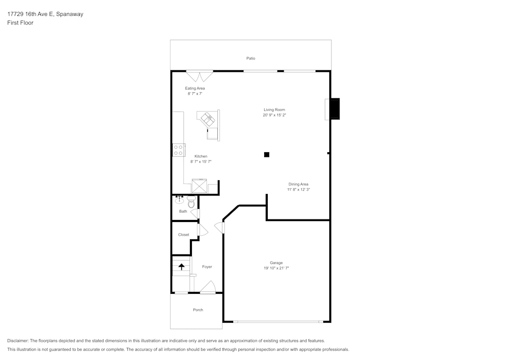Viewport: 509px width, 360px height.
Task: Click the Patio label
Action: point(250,59)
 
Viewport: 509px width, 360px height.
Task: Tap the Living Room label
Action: point(274,110)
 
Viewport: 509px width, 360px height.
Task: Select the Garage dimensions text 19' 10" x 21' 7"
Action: point(276,268)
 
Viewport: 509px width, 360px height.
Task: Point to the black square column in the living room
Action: point(267,155)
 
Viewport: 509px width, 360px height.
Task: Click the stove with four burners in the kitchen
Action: point(179,150)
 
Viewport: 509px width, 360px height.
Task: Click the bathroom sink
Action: point(179,199)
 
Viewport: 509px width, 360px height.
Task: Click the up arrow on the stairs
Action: point(181,266)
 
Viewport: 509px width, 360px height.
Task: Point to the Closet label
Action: point(184,235)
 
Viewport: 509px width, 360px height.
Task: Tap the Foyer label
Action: point(207,267)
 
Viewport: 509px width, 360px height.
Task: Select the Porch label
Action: point(198,310)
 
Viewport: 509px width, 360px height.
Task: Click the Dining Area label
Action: point(298,184)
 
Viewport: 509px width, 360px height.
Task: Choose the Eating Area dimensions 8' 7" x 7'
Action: point(195,94)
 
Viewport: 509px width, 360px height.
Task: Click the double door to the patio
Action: point(199,76)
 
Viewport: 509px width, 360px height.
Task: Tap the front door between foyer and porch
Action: point(208,288)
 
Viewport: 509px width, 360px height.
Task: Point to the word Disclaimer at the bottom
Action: point(18,341)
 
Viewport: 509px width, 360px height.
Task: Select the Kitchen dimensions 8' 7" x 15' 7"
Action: point(201,161)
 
